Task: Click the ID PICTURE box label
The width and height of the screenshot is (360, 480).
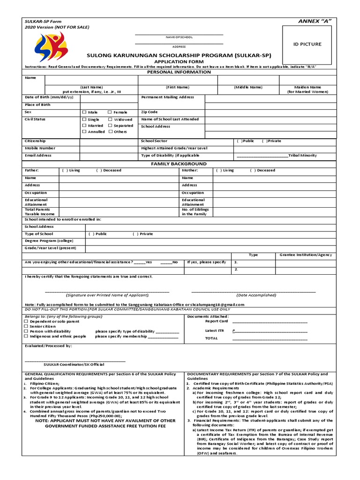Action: [307, 44]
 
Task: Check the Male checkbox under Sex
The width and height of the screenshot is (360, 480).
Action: [84, 112]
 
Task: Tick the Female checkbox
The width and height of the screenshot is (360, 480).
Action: [110, 112]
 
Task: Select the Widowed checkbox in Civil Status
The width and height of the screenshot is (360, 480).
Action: [110, 120]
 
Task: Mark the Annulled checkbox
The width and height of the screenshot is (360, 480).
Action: [84, 132]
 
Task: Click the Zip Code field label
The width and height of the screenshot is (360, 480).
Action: [149, 112]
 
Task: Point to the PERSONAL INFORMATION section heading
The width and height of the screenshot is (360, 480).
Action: [179, 72]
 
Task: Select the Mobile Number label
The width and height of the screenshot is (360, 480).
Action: [40, 148]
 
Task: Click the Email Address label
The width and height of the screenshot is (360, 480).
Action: [38, 155]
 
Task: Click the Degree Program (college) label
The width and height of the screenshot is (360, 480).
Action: [49, 240]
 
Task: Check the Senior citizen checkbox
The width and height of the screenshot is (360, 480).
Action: [26, 326]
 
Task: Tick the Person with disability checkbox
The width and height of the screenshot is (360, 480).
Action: [26, 331]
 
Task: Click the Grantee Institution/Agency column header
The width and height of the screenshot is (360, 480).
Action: [306, 255]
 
